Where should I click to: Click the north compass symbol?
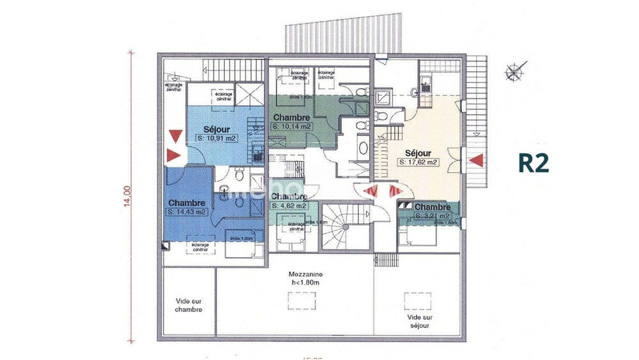[514, 72]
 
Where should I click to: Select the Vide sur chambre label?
[189, 305]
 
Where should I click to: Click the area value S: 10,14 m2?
[292, 127]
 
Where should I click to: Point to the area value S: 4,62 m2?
[289, 206]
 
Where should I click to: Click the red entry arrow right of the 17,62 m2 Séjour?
[475, 160]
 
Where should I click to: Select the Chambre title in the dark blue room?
[187, 203]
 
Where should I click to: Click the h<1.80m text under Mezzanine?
[305, 284]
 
